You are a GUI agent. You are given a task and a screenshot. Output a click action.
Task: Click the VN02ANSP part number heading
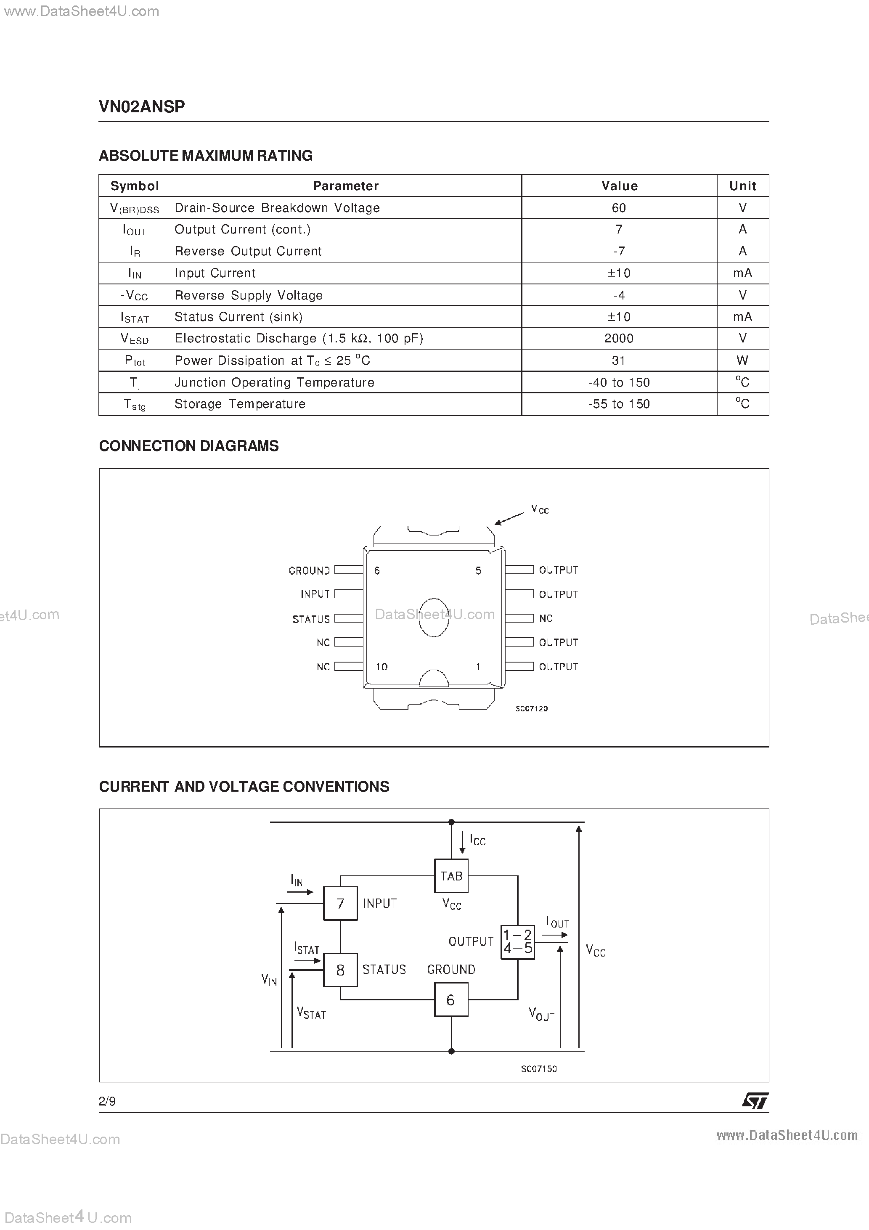(x=142, y=106)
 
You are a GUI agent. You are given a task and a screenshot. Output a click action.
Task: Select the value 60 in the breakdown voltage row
(x=619, y=208)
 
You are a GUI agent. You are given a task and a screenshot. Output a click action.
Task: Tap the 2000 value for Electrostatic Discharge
(x=619, y=339)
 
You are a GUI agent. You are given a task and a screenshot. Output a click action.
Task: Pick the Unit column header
(x=742, y=186)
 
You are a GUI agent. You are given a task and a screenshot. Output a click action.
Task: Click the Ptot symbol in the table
(x=135, y=361)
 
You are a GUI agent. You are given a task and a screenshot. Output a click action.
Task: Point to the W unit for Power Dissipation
(x=742, y=361)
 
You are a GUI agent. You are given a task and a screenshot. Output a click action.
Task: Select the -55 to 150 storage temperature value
(x=619, y=404)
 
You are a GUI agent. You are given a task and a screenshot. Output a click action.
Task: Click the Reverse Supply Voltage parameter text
(x=249, y=295)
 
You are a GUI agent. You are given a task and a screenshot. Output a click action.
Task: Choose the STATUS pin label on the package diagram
(x=311, y=619)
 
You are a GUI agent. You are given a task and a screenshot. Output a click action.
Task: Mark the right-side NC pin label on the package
(x=546, y=618)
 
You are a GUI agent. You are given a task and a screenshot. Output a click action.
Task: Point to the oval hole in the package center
(x=433, y=617)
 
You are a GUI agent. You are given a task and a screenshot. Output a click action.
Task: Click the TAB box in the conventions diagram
(x=451, y=876)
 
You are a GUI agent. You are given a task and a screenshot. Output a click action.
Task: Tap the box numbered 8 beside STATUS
(x=340, y=970)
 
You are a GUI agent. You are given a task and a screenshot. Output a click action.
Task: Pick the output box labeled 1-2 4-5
(x=517, y=942)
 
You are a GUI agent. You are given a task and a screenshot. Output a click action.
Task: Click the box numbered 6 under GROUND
(x=451, y=999)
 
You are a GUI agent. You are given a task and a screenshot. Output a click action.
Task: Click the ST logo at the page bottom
(x=755, y=1101)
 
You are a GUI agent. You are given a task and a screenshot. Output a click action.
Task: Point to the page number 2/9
(x=107, y=1101)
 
